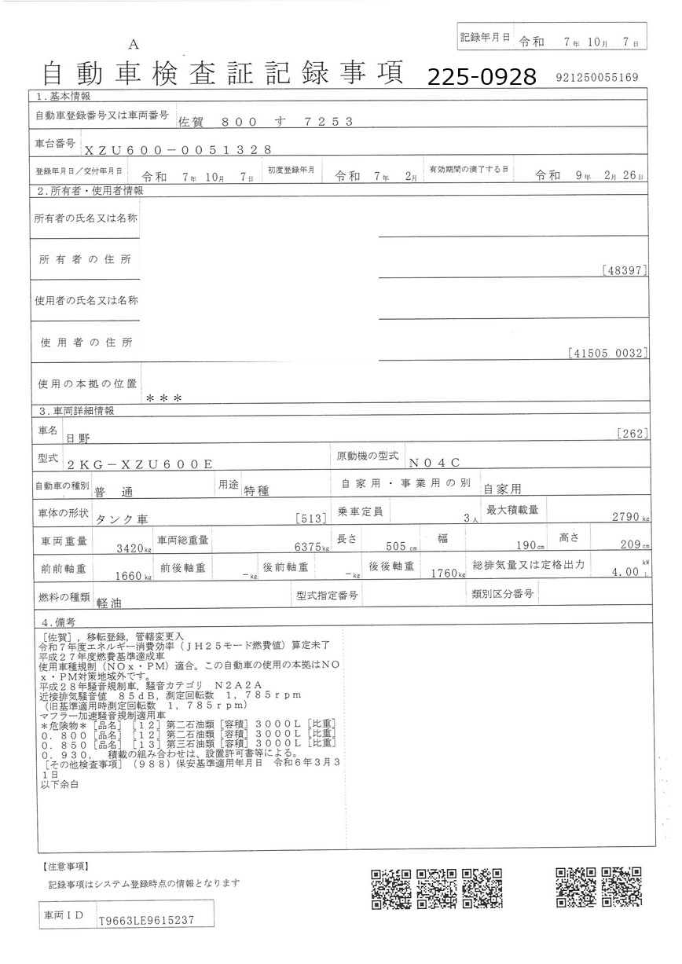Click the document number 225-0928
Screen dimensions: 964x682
click(x=482, y=76)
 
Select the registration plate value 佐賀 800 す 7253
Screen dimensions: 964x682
click(x=266, y=121)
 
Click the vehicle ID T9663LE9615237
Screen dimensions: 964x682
click(x=146, y=920)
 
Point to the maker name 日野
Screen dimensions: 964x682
click(x=78, y=437)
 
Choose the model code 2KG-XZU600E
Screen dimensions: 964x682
click(x=140, y=464)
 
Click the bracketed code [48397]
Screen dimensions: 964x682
click(x=623, y=270)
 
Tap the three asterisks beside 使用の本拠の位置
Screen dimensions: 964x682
click(x=164, y=398)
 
